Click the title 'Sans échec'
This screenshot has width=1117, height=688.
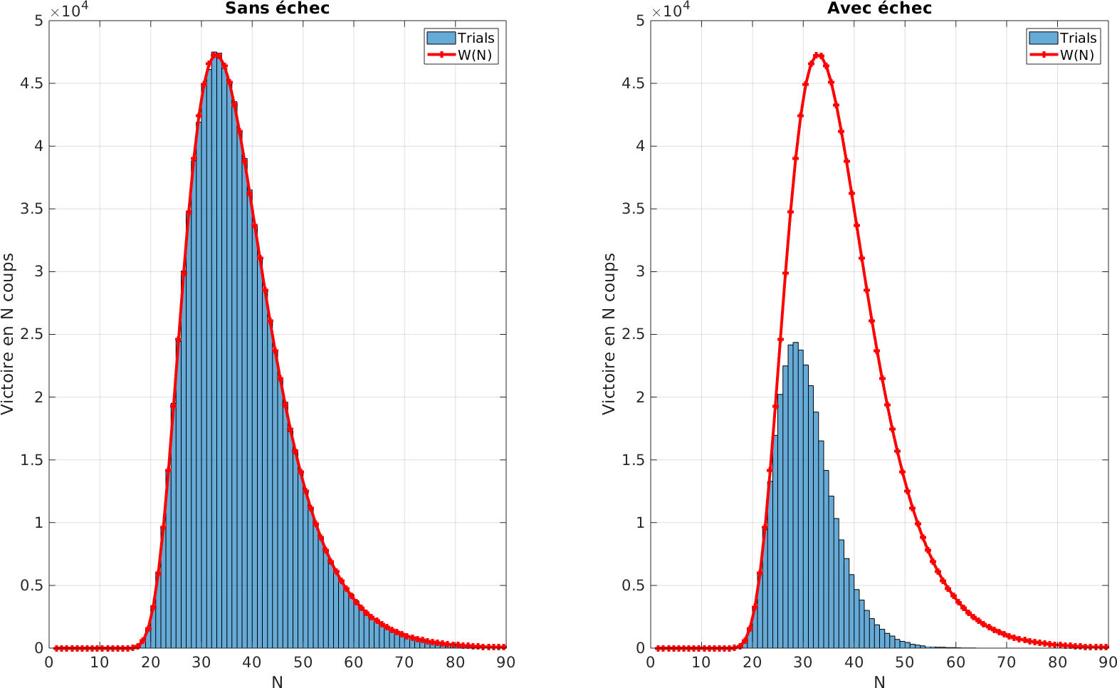click(x=277, y=9)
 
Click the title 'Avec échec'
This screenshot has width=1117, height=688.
click(x=879, y=9)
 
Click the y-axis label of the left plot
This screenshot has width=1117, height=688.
click(x=8, y=333)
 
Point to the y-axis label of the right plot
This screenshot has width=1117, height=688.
click(x=609, y=333)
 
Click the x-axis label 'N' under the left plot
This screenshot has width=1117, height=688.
click(x=277, y=682)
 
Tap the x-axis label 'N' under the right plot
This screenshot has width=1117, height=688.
click(x=879, y=682)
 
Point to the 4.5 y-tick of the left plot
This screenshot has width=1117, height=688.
click(x=31, y=83)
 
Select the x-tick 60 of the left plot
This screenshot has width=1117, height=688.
click(x=353, y=662)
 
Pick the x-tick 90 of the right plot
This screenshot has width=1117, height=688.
click(x=1108, y=662)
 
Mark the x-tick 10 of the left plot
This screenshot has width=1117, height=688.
click(x=99, y=662)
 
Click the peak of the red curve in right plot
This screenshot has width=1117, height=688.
click(x=818, y=55)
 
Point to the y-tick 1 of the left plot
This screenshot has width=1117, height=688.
click(x=40, y=523)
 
